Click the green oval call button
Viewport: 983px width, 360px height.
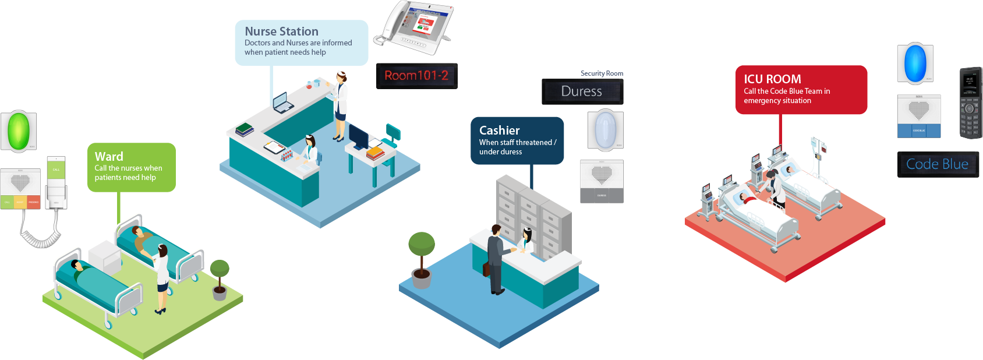19,131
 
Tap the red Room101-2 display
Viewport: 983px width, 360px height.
416,76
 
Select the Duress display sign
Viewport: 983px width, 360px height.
582,91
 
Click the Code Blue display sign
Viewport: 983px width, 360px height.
938,164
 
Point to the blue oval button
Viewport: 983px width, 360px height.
915,63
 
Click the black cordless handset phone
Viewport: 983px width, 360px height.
970,103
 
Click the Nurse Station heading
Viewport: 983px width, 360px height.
281,31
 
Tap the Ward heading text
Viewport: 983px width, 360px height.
109,156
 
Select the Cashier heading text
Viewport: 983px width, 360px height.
499,130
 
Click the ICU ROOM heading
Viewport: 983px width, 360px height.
772,79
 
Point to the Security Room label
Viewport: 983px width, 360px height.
602,73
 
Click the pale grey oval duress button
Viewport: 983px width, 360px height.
606,129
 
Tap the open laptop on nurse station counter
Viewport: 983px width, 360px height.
283,103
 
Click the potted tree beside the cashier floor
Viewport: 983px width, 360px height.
422,259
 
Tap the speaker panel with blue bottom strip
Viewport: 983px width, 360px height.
919,116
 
